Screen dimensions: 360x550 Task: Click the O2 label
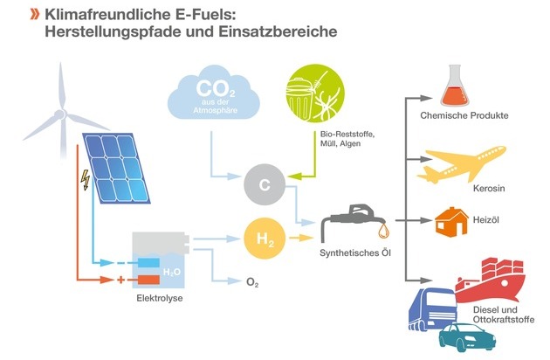tap(252, 282)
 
